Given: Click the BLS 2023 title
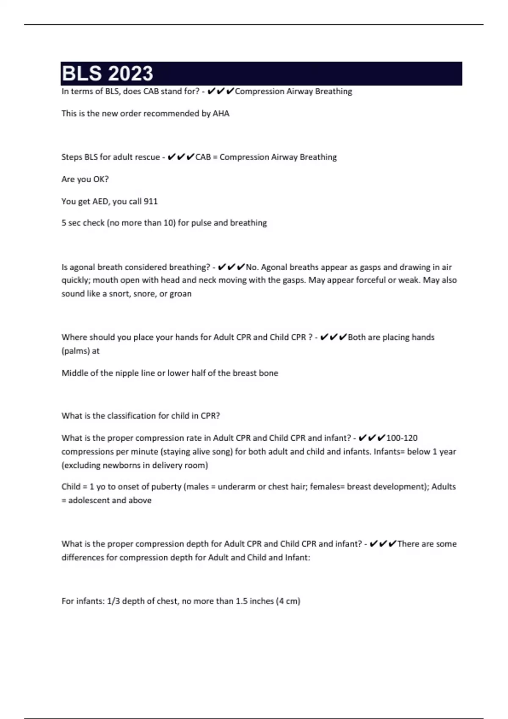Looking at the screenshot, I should point(108,74).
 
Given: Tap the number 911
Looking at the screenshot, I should point(151,201).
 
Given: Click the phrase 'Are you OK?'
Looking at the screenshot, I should point(85,179).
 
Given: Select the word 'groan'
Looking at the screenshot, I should point(180,294).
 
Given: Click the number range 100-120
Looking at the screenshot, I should point(402,438).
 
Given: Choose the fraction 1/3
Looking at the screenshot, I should point(113,601).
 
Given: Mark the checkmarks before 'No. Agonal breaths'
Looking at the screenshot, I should point(231,267).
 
